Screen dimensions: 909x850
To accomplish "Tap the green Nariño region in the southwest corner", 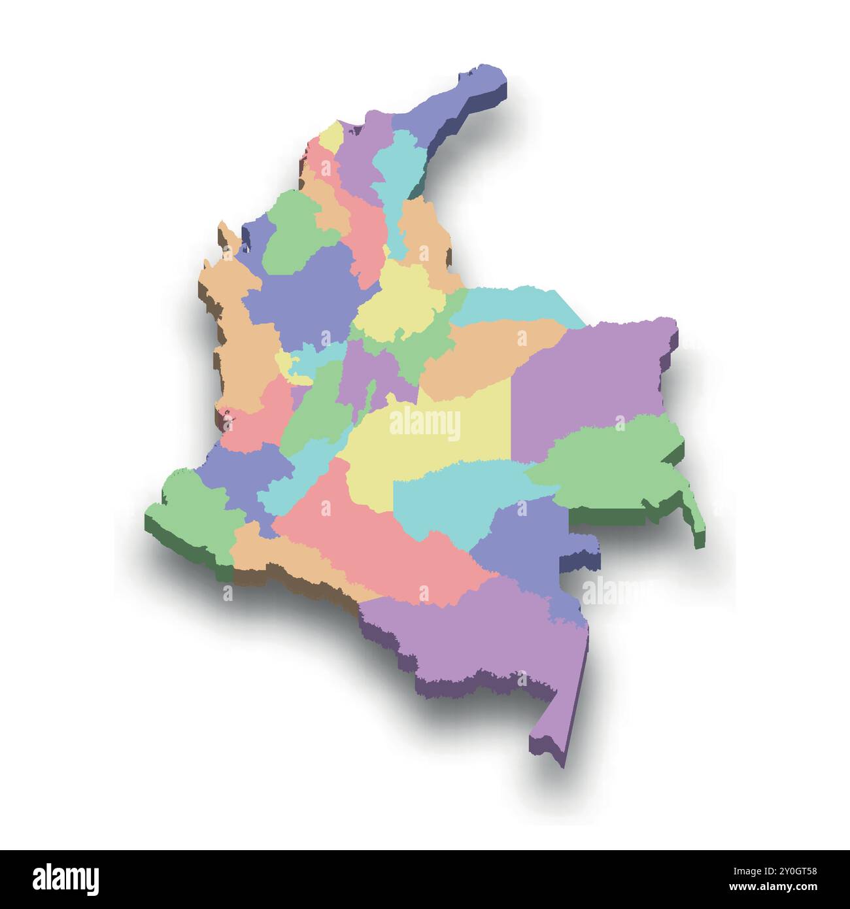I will [x=190, y=517].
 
